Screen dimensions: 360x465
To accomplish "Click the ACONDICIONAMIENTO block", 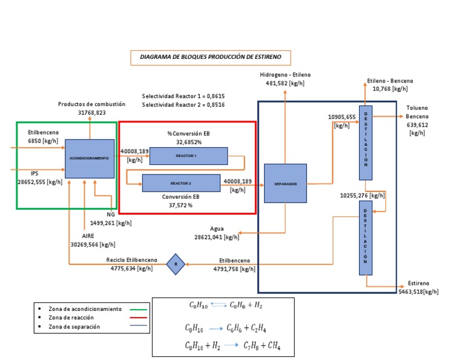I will pos(89,158).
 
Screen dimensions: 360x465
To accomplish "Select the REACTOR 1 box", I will pos(188,156).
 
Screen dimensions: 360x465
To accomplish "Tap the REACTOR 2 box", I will pos(181,182).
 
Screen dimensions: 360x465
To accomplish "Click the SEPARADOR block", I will pos(285,184).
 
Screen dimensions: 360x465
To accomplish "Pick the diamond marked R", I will pos(176,264).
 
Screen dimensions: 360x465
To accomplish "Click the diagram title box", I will pos(211,58).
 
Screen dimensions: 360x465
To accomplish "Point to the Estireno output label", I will pos(418,283).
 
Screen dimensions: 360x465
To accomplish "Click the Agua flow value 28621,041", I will pos(217,238).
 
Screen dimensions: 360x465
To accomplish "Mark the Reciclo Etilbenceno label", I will pos(131,260).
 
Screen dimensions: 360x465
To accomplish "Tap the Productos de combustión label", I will pos(91,104).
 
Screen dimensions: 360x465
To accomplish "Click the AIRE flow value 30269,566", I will pos(93,245).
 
